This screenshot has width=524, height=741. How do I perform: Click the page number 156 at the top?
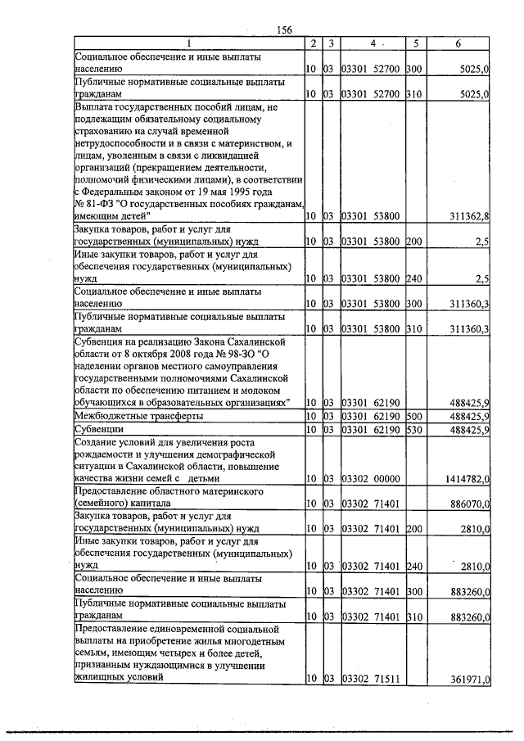tap(285, 29)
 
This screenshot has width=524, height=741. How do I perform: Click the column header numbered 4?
tap(373, 43)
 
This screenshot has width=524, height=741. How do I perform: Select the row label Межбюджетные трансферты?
tap(138, 416)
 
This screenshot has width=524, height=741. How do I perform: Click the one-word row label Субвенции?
tap(100, 428)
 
